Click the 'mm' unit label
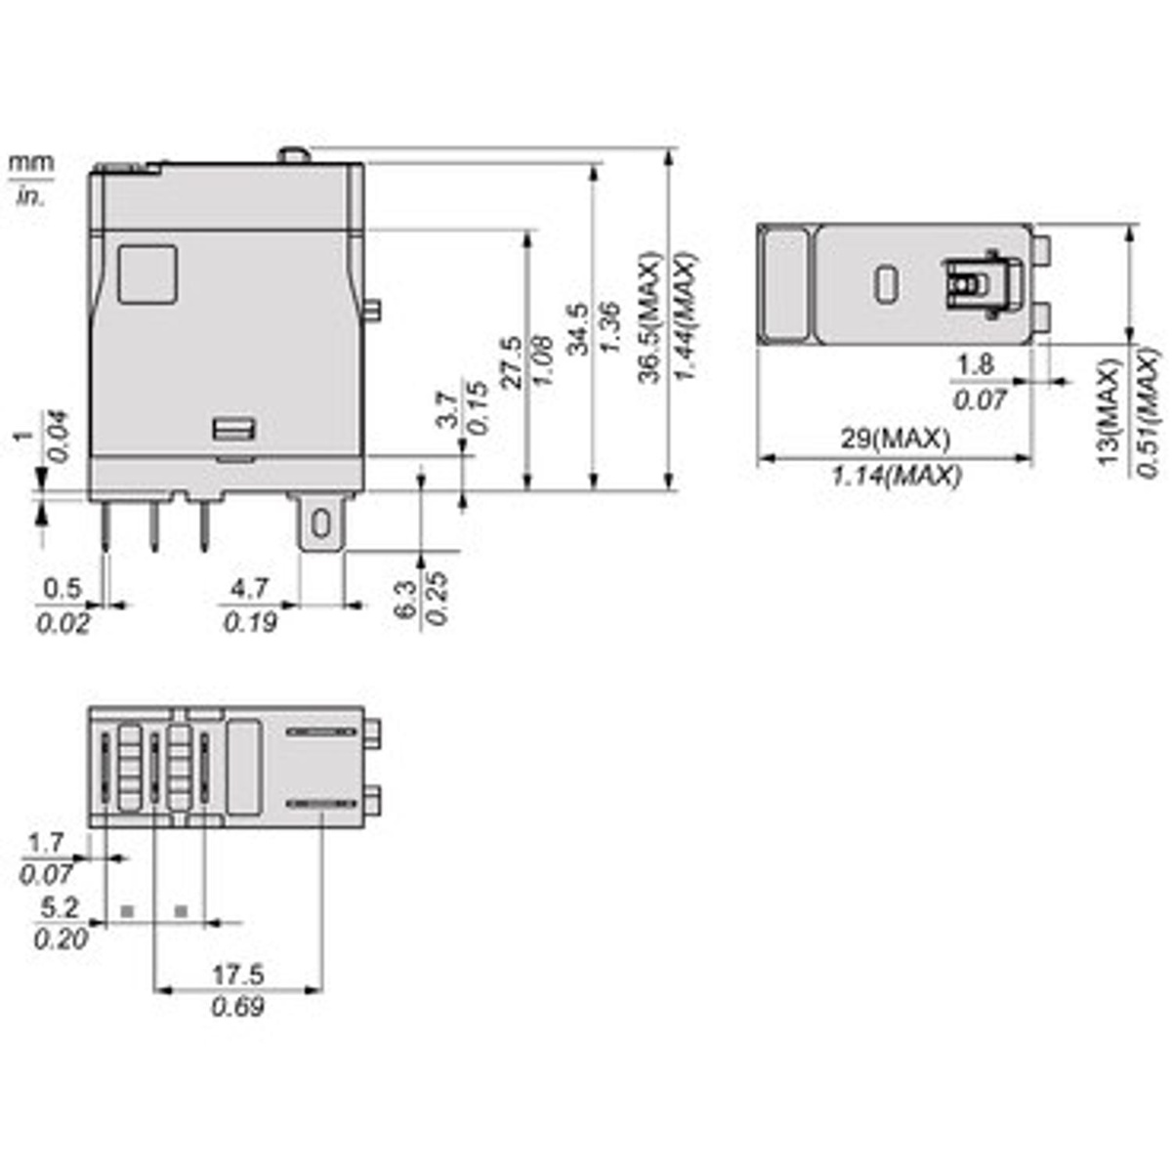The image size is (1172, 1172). pyautogui.click(x=31, y=162)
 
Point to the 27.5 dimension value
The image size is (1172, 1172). pyautogui.click(x=511, y=363)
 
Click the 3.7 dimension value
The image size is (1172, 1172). pyautogui.click(x=446, y=409)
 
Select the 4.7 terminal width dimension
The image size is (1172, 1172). pyautogui.click(x=248, y=589)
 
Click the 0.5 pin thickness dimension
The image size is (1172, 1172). pyautogui.click(x=63, y=589)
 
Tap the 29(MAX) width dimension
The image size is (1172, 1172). pyautogui.click(x=895, y=439)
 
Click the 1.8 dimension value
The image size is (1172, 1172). pyautogui.click(x=975, y=365)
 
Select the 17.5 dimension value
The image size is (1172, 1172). pyautogui.click(x=238, y=974)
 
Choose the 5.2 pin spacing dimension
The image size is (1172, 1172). pyautogui.click(x=60, y=907)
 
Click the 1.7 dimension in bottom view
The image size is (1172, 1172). pyautogui.click(x=46, y=842)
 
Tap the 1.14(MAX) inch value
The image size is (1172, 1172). pyautogui.click(x=896, y=476)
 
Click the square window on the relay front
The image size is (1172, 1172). pyautogui.click(x=147, y=273)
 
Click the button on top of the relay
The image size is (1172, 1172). pyautogui.click(x=293, y=154)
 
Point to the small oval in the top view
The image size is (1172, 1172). pyautogui.click(x=887, y=283)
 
